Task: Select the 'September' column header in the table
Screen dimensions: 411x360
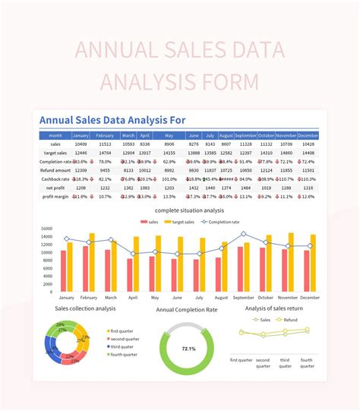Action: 245,135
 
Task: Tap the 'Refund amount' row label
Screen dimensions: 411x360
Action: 55,170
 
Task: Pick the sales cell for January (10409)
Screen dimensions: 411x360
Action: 81,144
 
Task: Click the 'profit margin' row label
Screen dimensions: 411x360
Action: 55,196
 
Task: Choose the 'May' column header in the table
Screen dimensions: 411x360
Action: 169,135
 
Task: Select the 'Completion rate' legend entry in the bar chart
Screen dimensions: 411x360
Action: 222,222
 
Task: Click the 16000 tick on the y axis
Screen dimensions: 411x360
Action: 46,229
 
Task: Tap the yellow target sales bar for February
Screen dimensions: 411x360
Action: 92,262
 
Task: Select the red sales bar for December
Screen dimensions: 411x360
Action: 307,270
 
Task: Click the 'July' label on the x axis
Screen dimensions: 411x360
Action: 199,298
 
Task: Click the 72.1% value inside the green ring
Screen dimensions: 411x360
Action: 188,349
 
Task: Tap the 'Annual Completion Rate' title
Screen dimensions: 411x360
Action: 187,310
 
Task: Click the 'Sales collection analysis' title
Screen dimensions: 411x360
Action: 85,308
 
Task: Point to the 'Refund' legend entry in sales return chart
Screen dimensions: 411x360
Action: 292,320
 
